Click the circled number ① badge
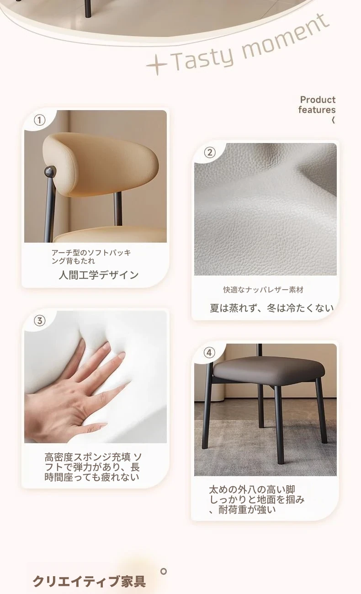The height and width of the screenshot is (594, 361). pos(39,120)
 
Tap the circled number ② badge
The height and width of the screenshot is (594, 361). pos(210,153)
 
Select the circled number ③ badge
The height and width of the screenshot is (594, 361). pos(39,321)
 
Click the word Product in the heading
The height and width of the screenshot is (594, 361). pos(318,100)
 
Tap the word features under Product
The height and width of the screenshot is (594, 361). pos(317,110)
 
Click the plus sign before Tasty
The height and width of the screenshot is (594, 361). pos(157,65)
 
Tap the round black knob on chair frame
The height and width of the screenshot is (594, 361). pos(50,172)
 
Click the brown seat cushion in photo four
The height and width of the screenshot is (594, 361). pos(268,371)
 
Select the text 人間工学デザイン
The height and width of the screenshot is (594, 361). pos(99,275)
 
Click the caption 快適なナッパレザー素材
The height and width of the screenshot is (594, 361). pos(263,290)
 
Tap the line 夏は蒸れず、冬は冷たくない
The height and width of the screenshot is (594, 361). pos(271,308)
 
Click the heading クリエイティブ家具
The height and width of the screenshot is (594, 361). pos(89,581)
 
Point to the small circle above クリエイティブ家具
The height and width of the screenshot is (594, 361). pos(164,571)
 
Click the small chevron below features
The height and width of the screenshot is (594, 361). pos(333,120)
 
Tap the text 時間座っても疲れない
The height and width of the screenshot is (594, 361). pos(92,477)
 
